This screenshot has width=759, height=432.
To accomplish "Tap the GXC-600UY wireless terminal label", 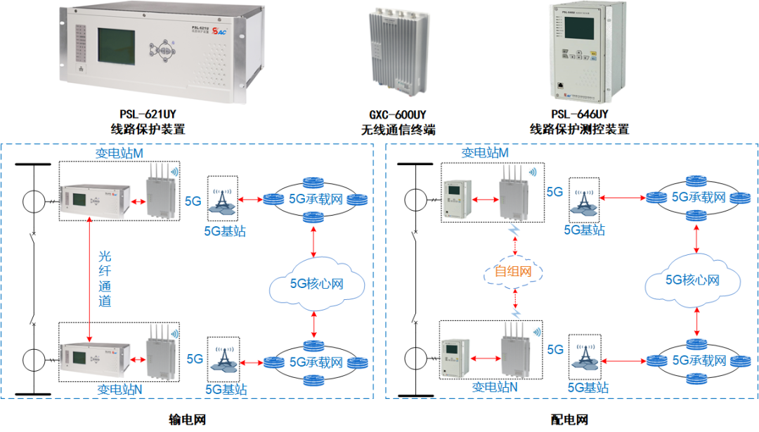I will (398, 114).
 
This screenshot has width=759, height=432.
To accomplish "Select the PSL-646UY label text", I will (579, 114).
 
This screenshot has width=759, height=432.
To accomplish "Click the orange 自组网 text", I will (514, 272).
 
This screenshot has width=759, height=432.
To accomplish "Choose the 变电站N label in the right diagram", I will (495, 386).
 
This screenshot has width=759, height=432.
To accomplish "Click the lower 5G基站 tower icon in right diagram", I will (585, 358).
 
